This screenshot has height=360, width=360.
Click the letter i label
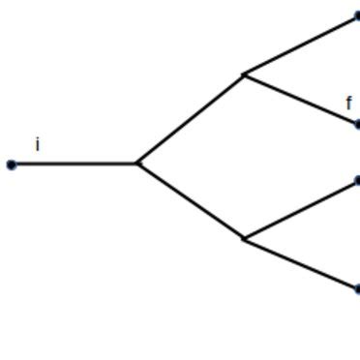[x=38, y=145]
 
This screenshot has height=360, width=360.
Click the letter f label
[x=349, y=103]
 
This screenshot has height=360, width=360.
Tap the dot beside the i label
[x=12, y=165]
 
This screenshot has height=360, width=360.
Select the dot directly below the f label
[x=357, y=124]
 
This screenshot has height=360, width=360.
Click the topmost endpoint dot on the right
[x=357, y=16]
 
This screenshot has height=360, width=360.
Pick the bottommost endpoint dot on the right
[x=357, y=288]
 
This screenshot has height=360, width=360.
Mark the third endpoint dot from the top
[x=357, y=180]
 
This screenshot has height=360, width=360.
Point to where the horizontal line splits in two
[x=137, y=164]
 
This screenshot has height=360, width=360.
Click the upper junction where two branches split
[x=244, y=74]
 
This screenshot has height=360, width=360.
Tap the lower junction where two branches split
[x=244, y=239]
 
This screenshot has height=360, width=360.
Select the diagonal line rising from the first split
[x=191, y=119]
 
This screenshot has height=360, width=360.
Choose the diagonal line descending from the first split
[x=191, y=201]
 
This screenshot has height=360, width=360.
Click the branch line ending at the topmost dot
[x=300, y=45]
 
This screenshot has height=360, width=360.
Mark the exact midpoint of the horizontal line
[x=75, y=164]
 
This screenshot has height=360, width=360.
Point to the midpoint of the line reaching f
[x=300, y=99]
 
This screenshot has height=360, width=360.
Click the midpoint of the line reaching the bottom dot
[x=300, y=263]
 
